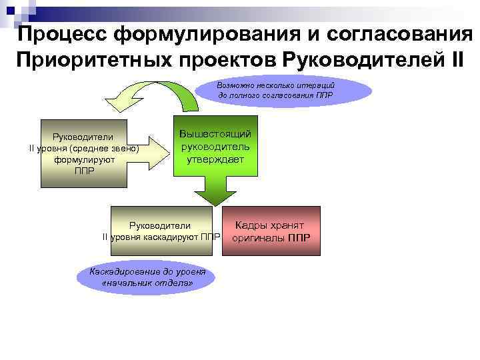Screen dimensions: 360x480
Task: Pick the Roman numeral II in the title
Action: [x=451, y=61]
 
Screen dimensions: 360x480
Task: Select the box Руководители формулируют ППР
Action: [x=84, y=153]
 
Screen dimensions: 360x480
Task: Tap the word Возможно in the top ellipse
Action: [x=235, y=85]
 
